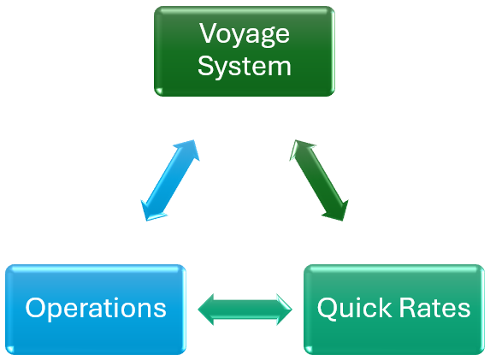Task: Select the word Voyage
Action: tap(244, 34)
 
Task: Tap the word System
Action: tap(244, 66)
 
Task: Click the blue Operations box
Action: tap(95, 309)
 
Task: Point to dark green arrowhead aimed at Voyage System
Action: tap(299, 150)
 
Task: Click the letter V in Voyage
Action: tap(208, 34)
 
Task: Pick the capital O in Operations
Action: tap(36, 309)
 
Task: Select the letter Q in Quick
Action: tap(328, 309)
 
